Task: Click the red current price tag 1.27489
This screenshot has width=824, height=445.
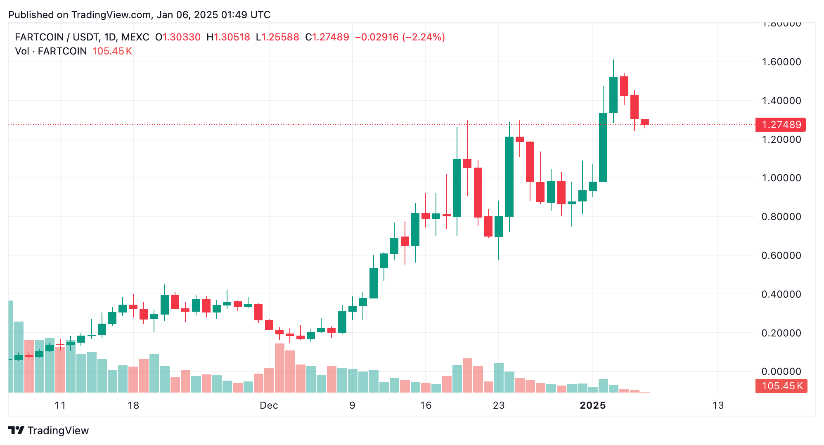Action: coord(780,125)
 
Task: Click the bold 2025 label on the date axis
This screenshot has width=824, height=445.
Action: coord(593,405)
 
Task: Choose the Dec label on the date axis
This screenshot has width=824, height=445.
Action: coord(269,405)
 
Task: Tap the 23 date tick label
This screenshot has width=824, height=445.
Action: coord(499,405)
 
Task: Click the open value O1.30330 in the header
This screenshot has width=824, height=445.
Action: coord(178,37)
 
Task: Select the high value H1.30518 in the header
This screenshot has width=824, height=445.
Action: coord(228,37)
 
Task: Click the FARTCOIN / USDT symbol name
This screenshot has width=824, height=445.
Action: coord(57,37)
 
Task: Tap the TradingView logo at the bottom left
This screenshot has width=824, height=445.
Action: coord(49,431)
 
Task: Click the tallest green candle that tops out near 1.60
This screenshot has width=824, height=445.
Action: coord(613,95)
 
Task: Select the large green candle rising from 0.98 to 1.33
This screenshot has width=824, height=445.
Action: coord(603,147)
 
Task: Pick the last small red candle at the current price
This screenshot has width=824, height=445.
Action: coord(645,122)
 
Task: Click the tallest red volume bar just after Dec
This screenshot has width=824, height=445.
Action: coord(279,367)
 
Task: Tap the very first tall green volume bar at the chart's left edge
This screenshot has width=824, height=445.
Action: coord(10,347)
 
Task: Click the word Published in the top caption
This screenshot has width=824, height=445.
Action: coord(31,15)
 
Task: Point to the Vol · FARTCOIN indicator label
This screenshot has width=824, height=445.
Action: coord(51,51)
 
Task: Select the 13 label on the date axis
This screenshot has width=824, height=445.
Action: coord(718,405)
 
